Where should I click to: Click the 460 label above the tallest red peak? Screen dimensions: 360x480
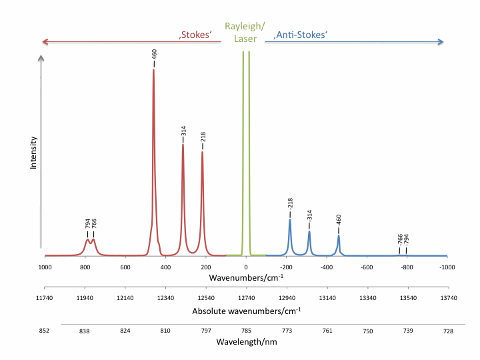pos(154,54)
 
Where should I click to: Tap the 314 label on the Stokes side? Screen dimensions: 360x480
pos(183,131)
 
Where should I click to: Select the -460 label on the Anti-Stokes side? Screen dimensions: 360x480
pos(339,222)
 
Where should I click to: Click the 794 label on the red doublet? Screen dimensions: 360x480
pos(87,224)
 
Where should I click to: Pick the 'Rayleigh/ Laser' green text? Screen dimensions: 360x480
pos(245,33)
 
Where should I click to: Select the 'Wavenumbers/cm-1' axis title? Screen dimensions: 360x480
pos(245,277)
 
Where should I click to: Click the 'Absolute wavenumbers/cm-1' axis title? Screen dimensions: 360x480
pos(245,311)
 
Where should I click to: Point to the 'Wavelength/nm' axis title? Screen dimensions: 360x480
pos(245,341)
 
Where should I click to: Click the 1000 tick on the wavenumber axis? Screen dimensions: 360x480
pos(45,267)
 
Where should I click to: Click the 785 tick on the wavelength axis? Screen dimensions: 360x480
pos(246,329)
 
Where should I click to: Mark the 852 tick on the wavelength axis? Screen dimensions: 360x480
pos(45,329)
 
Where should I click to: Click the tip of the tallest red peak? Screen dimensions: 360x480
pos(153,69)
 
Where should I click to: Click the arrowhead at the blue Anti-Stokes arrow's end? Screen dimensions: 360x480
pos(441,42)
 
